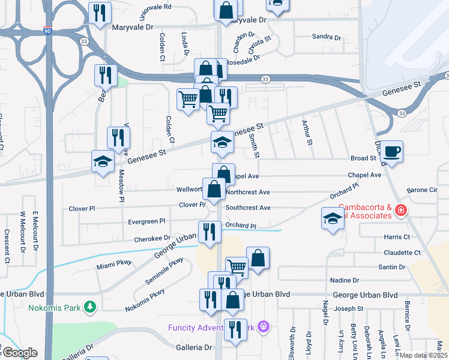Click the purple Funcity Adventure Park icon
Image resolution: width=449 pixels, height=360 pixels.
pos(262,327)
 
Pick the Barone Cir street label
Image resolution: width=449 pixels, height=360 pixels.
pos(423,190)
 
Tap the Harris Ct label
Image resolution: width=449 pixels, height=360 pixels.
pos(396,237)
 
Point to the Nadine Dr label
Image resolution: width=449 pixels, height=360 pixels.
pos(345,280)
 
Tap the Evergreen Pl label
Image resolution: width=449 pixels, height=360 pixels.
pos(146,221)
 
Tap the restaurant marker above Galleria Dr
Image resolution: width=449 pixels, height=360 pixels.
pos(234,329)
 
